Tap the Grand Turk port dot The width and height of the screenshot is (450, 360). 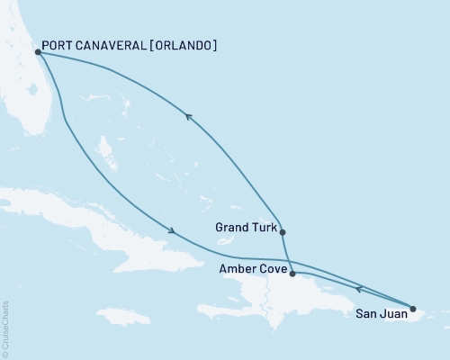click(283, 232)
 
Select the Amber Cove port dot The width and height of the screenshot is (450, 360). click(292, 273)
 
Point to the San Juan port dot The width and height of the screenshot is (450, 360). click(413, 310)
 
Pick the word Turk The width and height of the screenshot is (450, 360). click(261, 228)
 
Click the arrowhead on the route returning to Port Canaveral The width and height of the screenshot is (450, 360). click(187, 115)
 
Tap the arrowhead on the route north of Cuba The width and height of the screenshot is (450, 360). click(170, 230)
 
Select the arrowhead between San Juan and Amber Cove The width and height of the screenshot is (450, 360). click(359, 289)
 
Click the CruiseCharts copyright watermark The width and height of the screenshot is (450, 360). click(5, 329)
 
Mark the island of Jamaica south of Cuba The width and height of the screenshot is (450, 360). click(121, 316)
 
